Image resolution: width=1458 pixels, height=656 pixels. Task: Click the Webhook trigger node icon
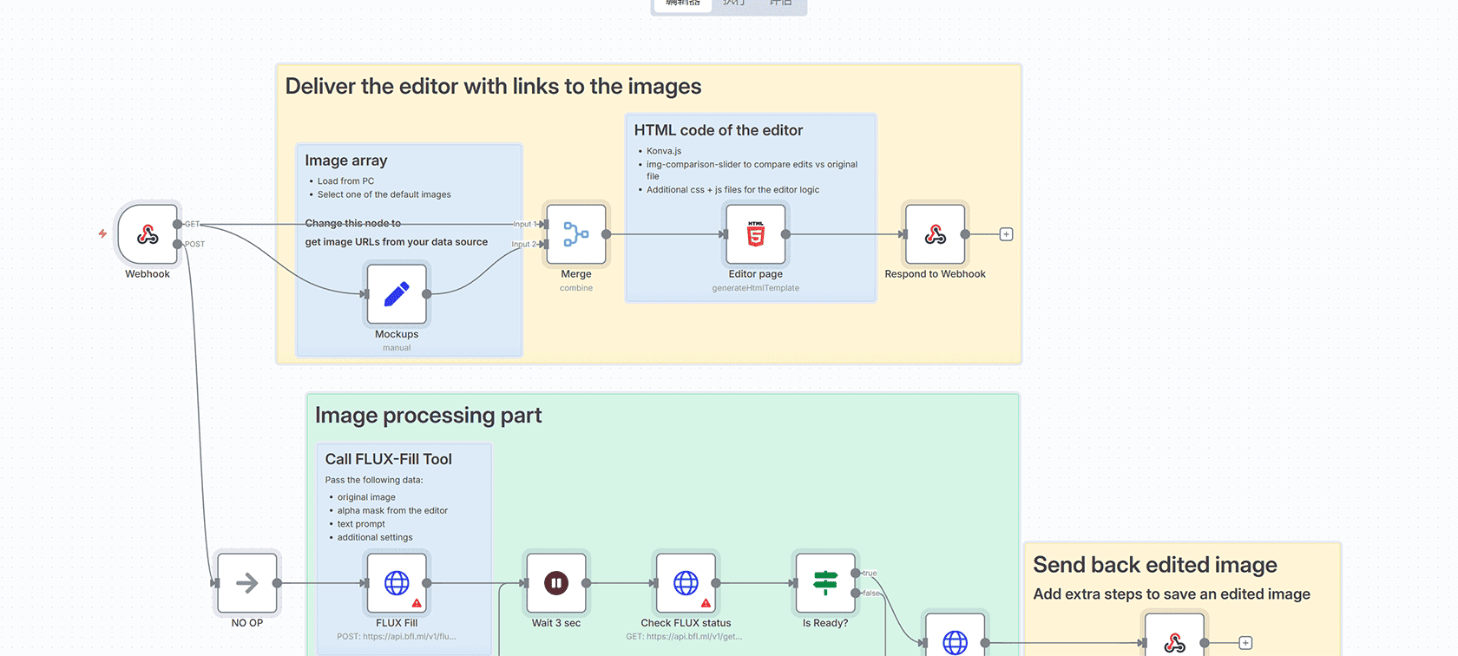pos(148,234)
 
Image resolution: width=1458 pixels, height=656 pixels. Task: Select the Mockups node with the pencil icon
pos(397,294)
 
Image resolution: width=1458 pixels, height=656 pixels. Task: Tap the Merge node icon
pos(576,234)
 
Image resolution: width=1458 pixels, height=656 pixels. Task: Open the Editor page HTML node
pos(756,234)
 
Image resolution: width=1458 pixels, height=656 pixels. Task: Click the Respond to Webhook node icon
pos(935,234)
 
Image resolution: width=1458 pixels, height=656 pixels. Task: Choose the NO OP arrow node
pos(247,583)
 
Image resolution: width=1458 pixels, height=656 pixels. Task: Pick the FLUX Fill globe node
pos(397,583)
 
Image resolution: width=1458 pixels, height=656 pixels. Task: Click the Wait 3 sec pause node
pos(556,583)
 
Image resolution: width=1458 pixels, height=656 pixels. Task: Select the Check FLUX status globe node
pos(686,583)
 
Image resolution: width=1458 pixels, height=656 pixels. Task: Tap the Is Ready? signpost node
pos(825,583)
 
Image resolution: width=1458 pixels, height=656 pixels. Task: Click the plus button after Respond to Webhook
pos(1006,234)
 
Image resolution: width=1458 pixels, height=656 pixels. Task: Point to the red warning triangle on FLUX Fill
pos(417,602)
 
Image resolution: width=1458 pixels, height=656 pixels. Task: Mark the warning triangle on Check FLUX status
pos(706,602)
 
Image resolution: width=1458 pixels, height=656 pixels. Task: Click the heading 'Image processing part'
pos(428,416)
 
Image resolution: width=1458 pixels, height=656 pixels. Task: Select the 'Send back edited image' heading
pos(1154,565)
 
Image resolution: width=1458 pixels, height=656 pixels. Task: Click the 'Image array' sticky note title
pos(345,161)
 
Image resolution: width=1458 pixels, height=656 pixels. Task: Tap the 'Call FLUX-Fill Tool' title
pos(388,459)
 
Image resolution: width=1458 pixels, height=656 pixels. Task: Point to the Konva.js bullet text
pos(664,151)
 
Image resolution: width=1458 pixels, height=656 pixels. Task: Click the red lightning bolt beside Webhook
pos(102,233)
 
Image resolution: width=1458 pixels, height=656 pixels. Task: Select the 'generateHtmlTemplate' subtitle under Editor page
pos(755,288)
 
